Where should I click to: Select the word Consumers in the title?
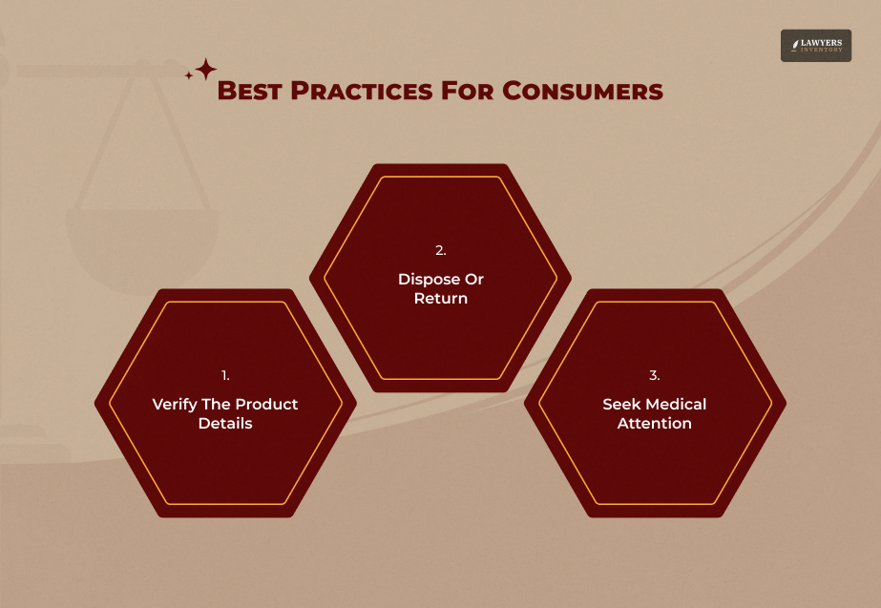point(583,92)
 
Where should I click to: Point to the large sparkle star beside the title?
point(205,70)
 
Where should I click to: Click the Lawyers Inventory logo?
point(815,45)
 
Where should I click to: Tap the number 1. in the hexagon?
point(225,375)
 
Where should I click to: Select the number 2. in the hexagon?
point(440,251)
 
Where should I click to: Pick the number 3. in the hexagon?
point(655,375)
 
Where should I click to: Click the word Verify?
point(175,404)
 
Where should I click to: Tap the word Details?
point(225,423)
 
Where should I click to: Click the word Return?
point(440,299)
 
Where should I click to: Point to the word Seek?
point(620,404)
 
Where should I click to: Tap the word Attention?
point(655,423)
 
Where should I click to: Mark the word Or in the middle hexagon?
point(474,280)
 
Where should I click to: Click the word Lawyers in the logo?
point(822,41)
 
